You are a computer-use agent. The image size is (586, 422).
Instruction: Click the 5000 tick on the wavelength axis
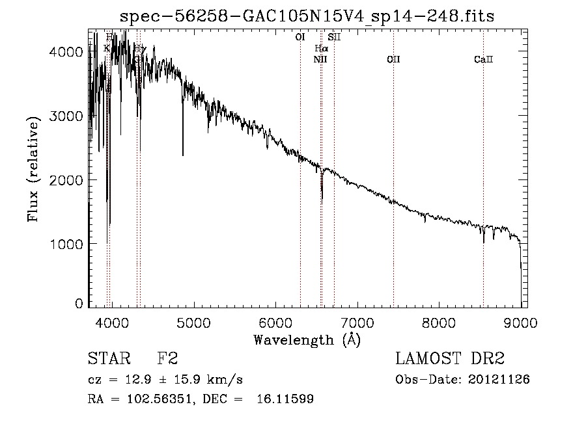tap(193, 321)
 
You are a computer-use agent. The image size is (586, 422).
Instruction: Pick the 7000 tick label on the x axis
tap(357, 321)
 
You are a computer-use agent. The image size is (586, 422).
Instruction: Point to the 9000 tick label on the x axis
tap(521, 321)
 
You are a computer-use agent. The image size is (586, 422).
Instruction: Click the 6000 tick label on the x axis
tap(275, 321)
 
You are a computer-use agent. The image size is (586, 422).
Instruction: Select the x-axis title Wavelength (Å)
tap(307, 339)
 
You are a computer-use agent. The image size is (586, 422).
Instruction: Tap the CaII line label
tap(483, 60)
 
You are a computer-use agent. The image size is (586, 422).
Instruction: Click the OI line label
tap(300, 38)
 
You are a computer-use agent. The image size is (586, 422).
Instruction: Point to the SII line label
tap(334, 38)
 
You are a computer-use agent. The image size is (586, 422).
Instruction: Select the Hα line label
tap(322, 48)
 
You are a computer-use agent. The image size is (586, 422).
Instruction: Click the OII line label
tap(393, 60)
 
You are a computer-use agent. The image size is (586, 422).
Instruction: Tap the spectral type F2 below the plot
tap(168, 359)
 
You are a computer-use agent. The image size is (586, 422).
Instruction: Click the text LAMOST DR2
tap(450, 359)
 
